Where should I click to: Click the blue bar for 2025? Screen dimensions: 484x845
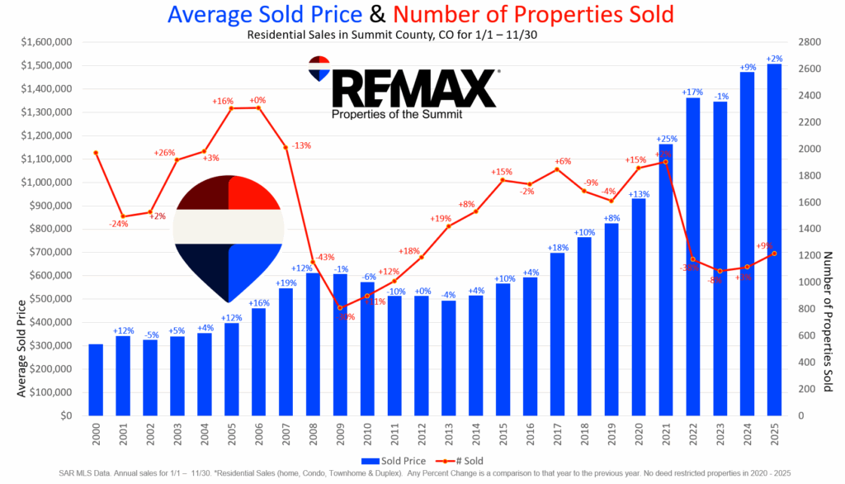(x=774, y=240)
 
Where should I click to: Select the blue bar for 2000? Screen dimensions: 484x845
(x=97, y=379)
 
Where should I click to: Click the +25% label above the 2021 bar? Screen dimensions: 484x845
(x=666, y=139)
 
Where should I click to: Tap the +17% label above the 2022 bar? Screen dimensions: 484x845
(x=692, y=92)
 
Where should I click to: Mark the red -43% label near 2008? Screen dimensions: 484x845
(x=323, y=257)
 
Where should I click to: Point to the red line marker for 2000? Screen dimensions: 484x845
(x=97, y=153)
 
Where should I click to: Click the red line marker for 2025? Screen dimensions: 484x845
(x=774, y=254)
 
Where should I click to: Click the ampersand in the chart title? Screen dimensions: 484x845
(x=378, y=14)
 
